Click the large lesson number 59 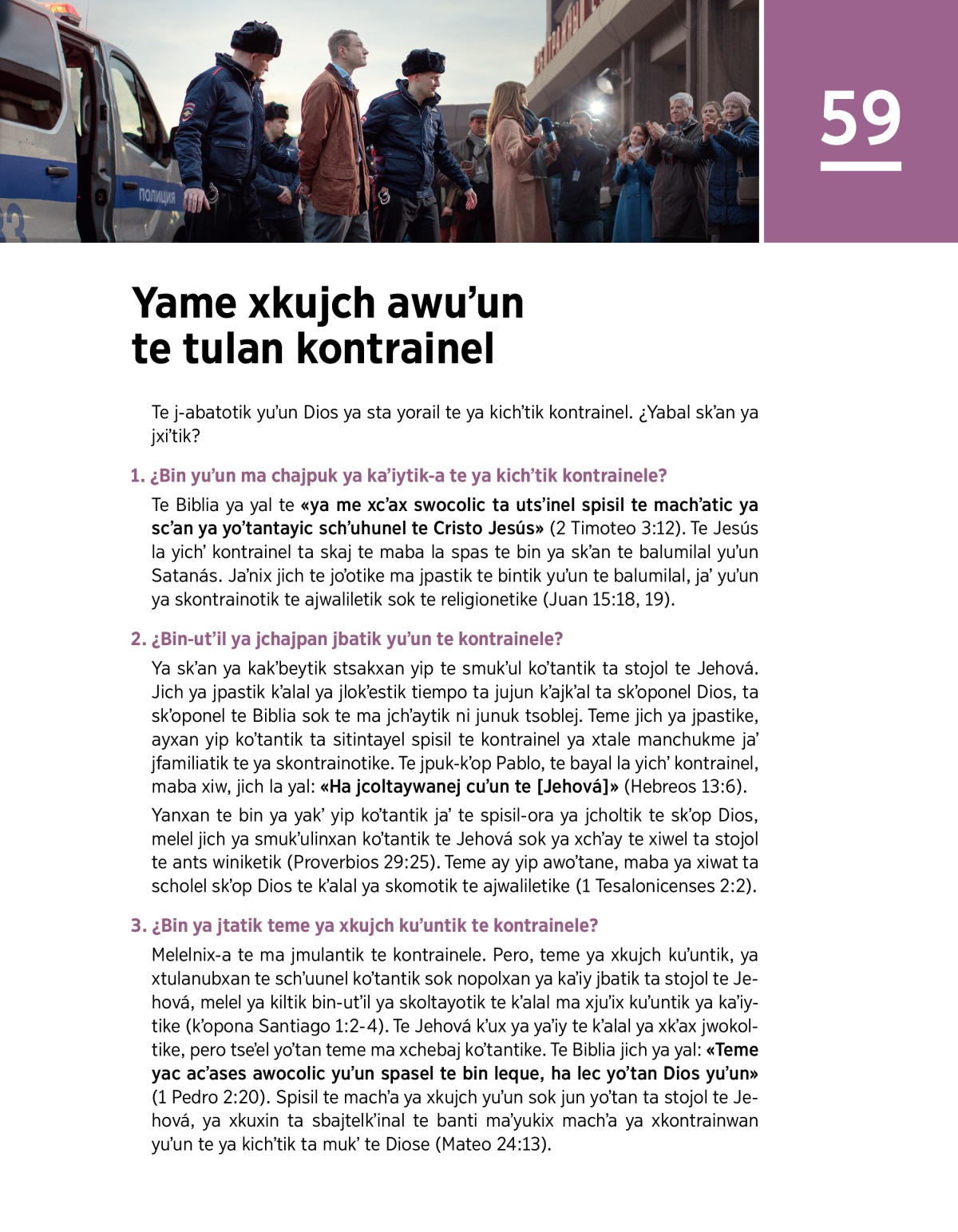coord(860,118)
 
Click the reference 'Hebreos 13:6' coord(685,786)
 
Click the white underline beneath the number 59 coord(860,166)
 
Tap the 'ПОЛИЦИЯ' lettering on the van coord(157,195)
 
